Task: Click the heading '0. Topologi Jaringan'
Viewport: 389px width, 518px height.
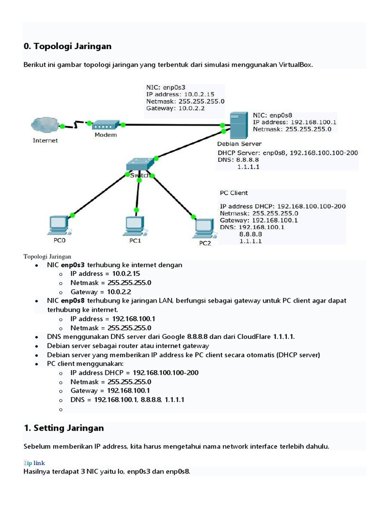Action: click(67, 46)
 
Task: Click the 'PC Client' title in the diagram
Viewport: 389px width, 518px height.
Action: click(234, 193)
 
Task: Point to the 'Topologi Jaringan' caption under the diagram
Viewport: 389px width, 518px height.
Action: click(47, 256)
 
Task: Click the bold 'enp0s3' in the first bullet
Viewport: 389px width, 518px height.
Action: click(73, 265)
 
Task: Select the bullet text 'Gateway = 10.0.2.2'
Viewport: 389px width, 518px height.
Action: click(101, 292)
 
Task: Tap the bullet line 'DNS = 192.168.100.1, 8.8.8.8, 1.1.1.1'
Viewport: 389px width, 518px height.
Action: click(127, 400)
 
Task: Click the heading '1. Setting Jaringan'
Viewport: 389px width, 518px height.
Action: click(64, 428)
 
